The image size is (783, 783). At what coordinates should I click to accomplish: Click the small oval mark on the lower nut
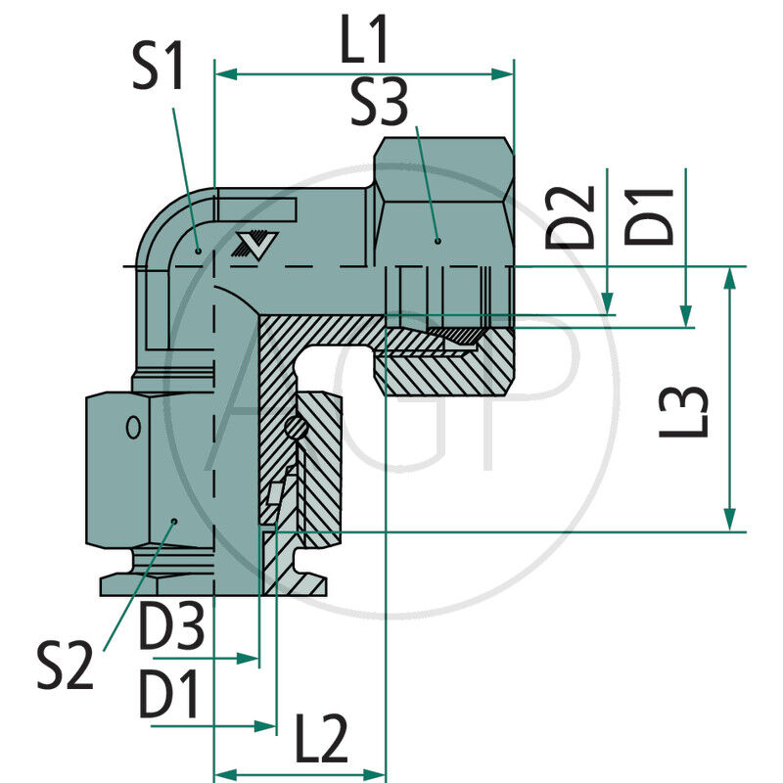[x=132, y=427]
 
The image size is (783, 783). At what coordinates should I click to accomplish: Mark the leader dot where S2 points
[x=173, y=521]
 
